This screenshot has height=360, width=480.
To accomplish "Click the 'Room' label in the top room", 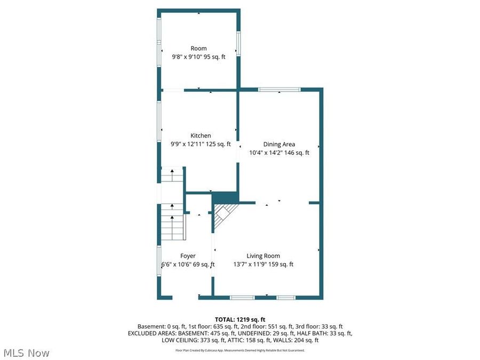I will [198, 49].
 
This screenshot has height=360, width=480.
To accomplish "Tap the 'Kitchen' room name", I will [201, 135].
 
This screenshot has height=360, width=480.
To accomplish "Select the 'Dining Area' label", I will [279, 144].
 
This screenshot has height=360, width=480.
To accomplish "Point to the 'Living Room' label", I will [263, 256].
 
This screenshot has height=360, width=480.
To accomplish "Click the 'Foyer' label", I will [188, 256].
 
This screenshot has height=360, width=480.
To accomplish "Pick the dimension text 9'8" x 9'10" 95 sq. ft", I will [198, 57].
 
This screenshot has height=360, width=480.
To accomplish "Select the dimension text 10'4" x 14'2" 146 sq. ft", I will [279, 153].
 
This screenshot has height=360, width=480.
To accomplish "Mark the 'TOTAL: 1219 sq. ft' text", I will [239, 318].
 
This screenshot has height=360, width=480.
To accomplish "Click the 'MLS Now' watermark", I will [26, 353].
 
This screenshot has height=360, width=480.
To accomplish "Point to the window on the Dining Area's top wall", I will [279, 89].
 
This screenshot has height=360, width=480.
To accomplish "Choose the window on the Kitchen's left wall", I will [159, 119].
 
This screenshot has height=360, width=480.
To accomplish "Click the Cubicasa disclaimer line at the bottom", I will [240, 350].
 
